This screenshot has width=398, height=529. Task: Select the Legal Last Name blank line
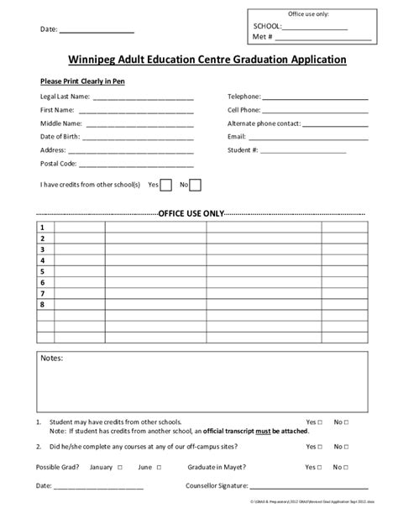click(x=144, y=98)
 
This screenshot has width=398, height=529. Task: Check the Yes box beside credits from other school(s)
click(x=166, y=186)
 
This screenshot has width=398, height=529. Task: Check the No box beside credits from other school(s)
click(x=195, y=186)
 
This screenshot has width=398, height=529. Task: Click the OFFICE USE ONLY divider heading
click(x=191, y=213)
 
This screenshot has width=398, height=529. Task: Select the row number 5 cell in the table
click(x=41, y=272)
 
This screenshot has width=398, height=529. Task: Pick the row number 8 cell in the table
click(x=41, y=305)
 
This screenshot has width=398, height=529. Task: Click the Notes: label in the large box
click(x=52, y=359)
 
